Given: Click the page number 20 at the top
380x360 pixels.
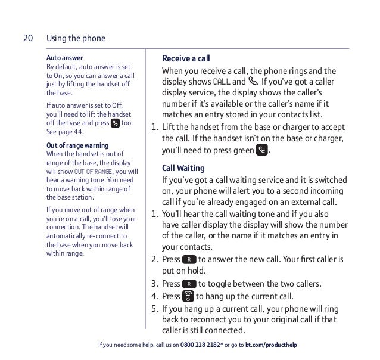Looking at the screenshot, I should coord(27,39).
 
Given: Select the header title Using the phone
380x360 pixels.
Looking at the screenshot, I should coord(76,39).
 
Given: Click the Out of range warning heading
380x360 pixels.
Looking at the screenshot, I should coord(77,145).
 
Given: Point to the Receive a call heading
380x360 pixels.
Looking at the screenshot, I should coord(186,58).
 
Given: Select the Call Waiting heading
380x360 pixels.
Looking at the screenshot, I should coord(183,167).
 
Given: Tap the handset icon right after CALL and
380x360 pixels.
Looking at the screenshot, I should coord(254,81).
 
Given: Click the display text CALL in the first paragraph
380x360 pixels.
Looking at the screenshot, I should coord(220,82).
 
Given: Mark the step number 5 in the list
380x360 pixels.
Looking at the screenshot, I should coord(154,309).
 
